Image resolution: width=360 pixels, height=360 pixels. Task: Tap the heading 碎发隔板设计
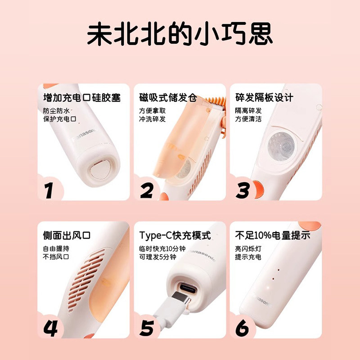coord(265,97)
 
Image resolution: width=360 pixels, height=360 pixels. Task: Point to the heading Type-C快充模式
coord(175,235)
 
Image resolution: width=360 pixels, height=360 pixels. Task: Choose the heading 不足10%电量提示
coord(273,235)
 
